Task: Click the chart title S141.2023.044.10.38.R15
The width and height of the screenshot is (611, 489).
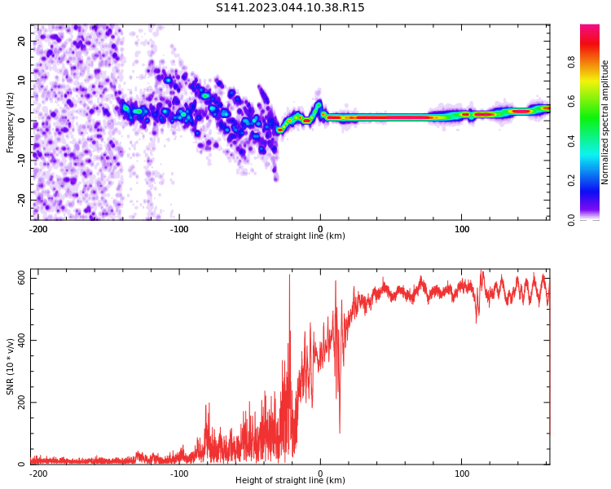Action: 290,8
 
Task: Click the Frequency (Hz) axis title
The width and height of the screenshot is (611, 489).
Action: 11,122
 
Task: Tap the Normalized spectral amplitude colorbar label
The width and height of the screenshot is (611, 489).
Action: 605,122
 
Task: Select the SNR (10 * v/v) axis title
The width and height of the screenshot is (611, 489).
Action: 11,367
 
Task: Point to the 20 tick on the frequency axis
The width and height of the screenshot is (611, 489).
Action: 22,41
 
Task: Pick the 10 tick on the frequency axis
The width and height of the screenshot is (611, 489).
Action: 22,81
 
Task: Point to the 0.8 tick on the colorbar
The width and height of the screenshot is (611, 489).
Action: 571,59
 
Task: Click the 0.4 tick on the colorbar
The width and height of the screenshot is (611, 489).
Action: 571,139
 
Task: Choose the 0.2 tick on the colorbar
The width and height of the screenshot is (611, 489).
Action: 571,179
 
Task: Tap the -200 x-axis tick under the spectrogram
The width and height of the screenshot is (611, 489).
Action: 37,229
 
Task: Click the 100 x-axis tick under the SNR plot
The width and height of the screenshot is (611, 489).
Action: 462,474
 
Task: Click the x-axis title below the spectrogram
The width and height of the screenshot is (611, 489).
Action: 290,236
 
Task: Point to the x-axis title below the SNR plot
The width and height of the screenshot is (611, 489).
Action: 290,481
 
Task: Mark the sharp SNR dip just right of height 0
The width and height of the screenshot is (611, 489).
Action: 339,432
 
